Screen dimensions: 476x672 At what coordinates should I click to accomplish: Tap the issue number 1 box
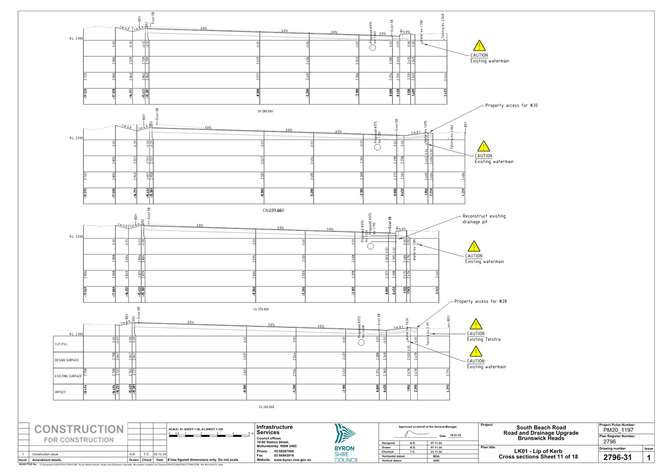[648, 457]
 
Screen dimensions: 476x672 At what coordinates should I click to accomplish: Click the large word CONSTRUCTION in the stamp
[79, 430]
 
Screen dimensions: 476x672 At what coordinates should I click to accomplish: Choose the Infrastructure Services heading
[274, 430]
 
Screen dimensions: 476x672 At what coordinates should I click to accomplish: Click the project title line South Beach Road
[541, 428]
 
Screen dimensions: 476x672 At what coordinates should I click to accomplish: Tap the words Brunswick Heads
[541, 438]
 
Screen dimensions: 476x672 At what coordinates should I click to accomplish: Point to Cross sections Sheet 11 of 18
[538, 456]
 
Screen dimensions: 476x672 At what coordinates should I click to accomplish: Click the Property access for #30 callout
[511, 105]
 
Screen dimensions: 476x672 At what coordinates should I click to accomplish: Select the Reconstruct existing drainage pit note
[483, 219]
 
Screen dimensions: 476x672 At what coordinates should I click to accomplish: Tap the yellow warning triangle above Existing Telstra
[475, 324]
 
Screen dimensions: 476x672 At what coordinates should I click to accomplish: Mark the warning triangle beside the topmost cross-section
[480, 46]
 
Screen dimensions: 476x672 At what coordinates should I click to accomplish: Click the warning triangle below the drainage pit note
[473, 247]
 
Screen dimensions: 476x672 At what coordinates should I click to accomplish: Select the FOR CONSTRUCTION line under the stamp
[79, 440]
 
